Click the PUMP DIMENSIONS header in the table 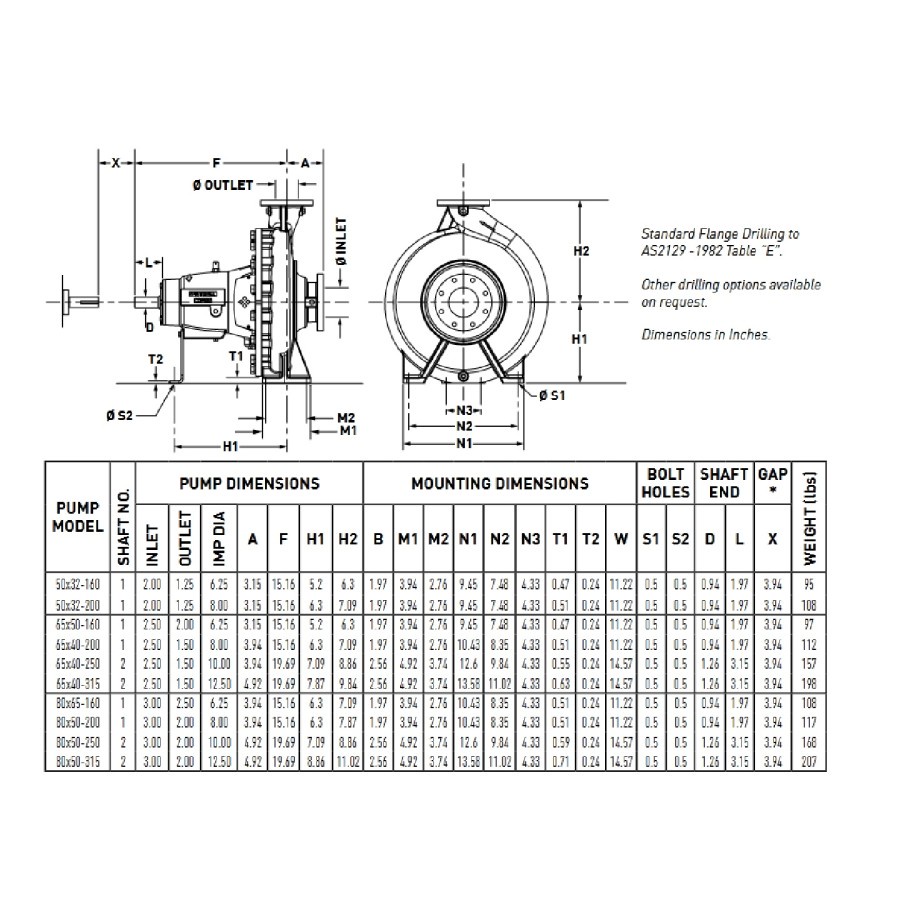[x=249, y=483]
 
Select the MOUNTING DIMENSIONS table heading [x=500, y=483]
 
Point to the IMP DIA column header [x=219, y=539]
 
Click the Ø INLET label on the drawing [x=340, y=241]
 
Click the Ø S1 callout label [x=552, y=396]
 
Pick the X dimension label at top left [x=115, y=162]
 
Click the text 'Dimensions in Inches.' [x=705, y=335]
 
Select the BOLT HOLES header [x=666, y=483]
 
